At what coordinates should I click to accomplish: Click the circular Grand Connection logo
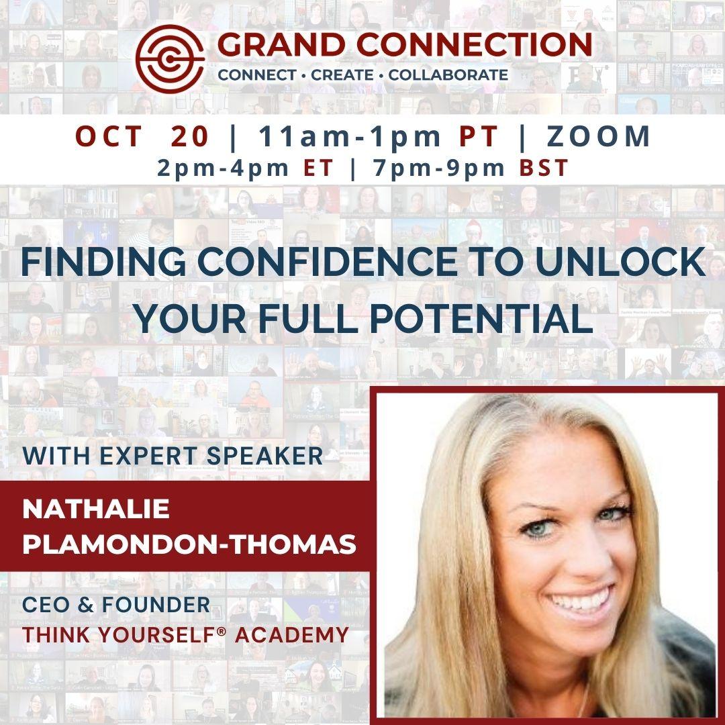(x=170, y=58)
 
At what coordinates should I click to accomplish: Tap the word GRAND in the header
(x=281, y=46)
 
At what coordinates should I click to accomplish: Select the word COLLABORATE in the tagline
(x=448, y=75)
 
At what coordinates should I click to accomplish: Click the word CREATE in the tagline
(x=342, y=75)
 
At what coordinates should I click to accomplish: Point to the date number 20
(x=189, y=136)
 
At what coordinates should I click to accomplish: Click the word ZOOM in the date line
(x=598, y=136)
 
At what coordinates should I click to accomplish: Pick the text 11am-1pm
(x=350, y=137)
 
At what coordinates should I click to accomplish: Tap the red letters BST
(x=544, y=168)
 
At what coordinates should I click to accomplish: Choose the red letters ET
(x=318, y=168)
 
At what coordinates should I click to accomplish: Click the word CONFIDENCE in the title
(x=328, y=262)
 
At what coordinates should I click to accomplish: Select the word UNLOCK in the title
(x=620, y=262)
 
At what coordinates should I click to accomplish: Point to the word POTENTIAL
(x=481, y=319)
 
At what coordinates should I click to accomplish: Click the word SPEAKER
(x=264, y=456)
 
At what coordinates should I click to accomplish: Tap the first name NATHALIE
(x=96, y=509)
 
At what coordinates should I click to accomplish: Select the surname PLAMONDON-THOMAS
(x=189, y=544)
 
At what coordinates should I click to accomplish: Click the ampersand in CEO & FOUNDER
(x=85, y=605)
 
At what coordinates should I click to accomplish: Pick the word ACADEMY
(x=292, y=635)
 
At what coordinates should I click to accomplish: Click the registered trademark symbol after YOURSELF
(x=221, y=630)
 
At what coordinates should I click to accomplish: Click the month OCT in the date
(x=109, y=136)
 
